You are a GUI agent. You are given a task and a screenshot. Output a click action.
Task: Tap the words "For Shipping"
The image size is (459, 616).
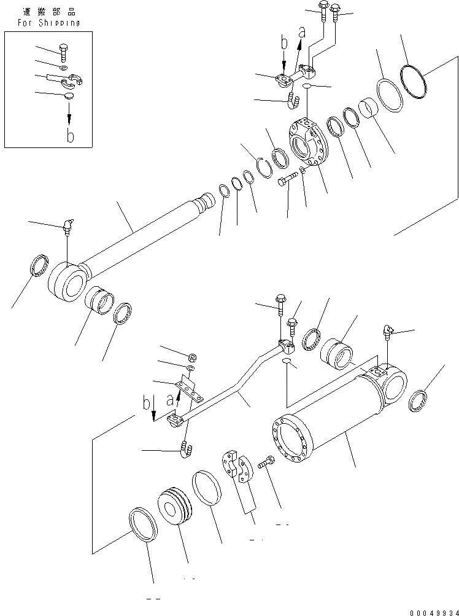[42, 23]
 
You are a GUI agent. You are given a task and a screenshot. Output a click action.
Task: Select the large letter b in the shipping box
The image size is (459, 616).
[70, 136]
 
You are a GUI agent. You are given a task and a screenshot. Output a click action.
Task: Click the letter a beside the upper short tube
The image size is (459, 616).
[301, 33]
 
